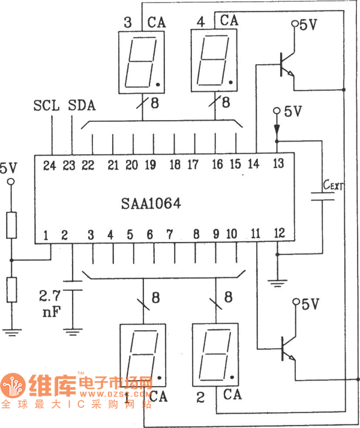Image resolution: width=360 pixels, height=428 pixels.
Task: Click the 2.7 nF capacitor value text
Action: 50,303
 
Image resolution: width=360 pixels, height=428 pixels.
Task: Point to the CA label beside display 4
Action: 229,20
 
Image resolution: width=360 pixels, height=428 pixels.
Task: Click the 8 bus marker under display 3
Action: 155,103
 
